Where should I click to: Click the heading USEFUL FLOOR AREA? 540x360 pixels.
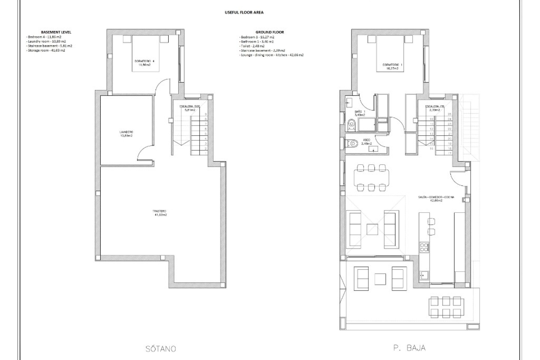[x=244, y=12]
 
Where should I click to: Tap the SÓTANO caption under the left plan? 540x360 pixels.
[x=161, y=349]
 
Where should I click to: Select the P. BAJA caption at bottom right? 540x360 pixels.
[x=409, y=348]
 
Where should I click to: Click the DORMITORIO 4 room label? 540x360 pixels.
[x=143, y=63]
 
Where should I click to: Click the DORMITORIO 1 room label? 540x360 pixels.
[x=392, y=66]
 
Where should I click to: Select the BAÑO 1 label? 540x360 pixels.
[x=360, y=113]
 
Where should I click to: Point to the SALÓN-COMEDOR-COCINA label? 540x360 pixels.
[x=436, y=199]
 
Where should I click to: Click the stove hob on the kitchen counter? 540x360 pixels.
[x=424, y=247]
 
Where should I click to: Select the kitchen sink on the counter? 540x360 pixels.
[x=424, y=275]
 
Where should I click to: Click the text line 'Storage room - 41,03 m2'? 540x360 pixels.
[x=46, y=50]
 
